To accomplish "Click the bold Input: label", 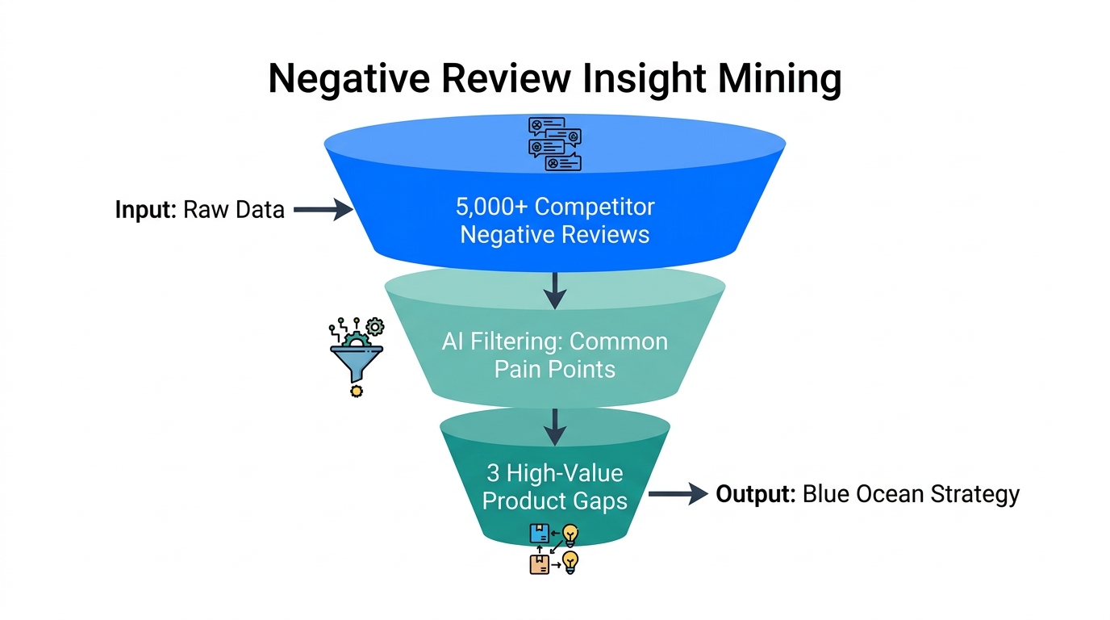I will (x=145, y=210).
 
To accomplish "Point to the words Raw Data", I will (x=234, y=210).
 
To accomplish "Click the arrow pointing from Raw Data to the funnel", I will (x=323, y=210).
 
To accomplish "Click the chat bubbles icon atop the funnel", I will (x=554, y=144).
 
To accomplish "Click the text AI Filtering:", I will (x=502, y=341).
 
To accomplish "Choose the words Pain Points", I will (x=554, y=369).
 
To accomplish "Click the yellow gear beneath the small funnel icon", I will (x=356, y=391).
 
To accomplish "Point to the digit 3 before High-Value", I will (x=493, y=472).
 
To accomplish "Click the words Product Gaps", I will (x=554, y=501).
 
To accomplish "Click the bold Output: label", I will (x=755, y=494).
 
